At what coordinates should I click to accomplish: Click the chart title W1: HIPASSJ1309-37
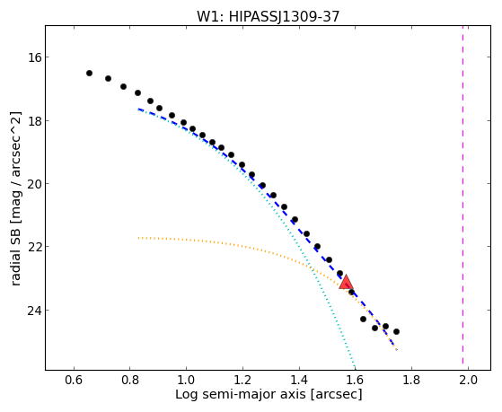click(x=268, y=17)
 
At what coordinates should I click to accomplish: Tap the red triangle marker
click(x=346, y=282)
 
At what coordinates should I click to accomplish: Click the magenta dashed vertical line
click(x=463, y=195)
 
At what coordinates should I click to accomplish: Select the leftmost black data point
click(x=89, y=74)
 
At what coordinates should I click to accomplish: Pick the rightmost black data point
click(x=396, y=331)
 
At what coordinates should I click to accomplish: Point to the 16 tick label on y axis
click(x=34, y=57)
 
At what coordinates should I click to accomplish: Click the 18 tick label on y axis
click(x=34, y=120)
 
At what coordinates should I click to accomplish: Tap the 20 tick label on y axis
click(x=34, y=184)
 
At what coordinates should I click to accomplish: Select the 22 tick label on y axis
click(x=34, y=247)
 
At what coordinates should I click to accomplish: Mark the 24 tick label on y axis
click(x=34, y=311)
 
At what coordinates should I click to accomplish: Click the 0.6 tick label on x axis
click(x=74, y=381)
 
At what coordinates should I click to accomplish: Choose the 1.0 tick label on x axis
click(x=186, y=381)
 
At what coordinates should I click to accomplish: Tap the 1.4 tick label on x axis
click(x=299, y=381)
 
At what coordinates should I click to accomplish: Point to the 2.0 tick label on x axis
click(x=468, y=381)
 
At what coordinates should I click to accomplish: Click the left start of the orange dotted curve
click(x=138, y=238)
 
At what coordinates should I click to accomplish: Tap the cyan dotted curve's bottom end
click(x=355, y=368)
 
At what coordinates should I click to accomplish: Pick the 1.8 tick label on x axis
click(x=411, y=381)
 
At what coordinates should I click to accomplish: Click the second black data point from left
click(x=108, y=78)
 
